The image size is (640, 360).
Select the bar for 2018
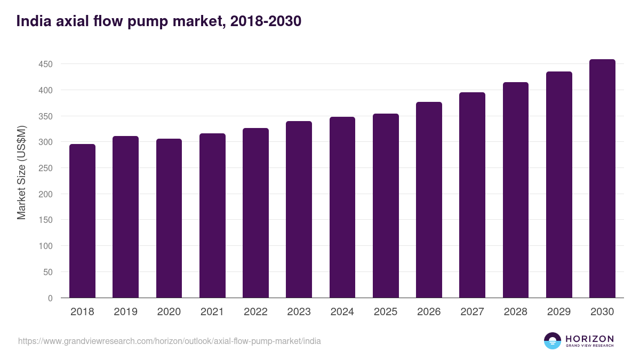point(82,221)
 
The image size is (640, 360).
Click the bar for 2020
point(169,218)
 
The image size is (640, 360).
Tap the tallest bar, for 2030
point(602,179)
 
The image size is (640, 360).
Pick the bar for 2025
point(386,206)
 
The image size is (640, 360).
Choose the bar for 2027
point(472,195)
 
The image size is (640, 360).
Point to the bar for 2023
point(299,210)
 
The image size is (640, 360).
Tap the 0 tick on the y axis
point(51,298)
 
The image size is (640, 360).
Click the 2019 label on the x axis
point(125,312)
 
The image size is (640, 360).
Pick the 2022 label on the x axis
point(255,312)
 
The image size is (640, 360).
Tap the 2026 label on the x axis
point(429,312)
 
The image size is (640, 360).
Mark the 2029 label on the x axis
point(559,312)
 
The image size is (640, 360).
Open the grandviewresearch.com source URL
point(170,341)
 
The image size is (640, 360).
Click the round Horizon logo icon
point(553,341)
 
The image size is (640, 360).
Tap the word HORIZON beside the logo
point(589,338)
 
